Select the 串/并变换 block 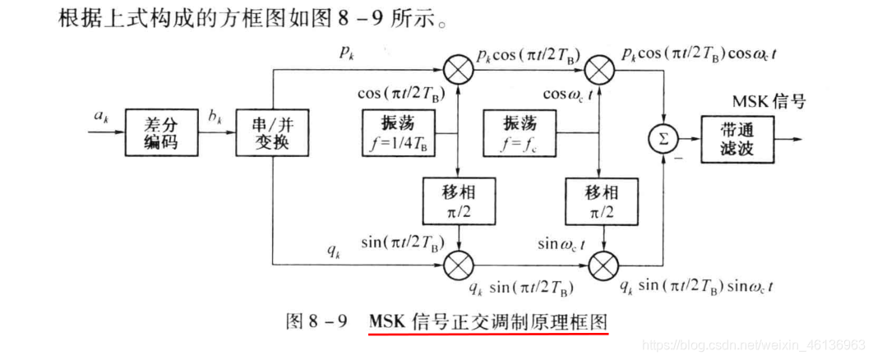(x=270, y=134)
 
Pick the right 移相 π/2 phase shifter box (x=603, y=201)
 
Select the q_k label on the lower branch (x=333, y=251)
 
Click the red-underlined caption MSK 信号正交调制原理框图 (x=488, y=321)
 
